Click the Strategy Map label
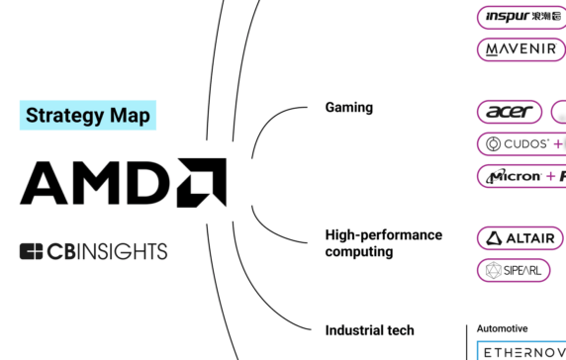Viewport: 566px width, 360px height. coord(88,115)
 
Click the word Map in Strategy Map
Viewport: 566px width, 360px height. coord(131,115)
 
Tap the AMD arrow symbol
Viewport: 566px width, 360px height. coord(202,182)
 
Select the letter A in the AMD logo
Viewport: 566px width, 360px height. coord(47,182)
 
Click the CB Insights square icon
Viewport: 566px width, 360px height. coord(30,251)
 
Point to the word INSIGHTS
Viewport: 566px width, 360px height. coord(122,251)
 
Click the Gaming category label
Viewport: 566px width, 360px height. coord(348,107)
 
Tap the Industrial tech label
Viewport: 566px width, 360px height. coord(369,330)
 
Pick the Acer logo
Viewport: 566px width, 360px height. coord(510,112)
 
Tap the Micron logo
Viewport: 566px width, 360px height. coord(515,176)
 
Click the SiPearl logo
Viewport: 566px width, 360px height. coord(509,269)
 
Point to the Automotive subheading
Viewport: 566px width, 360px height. coord(502,328)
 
